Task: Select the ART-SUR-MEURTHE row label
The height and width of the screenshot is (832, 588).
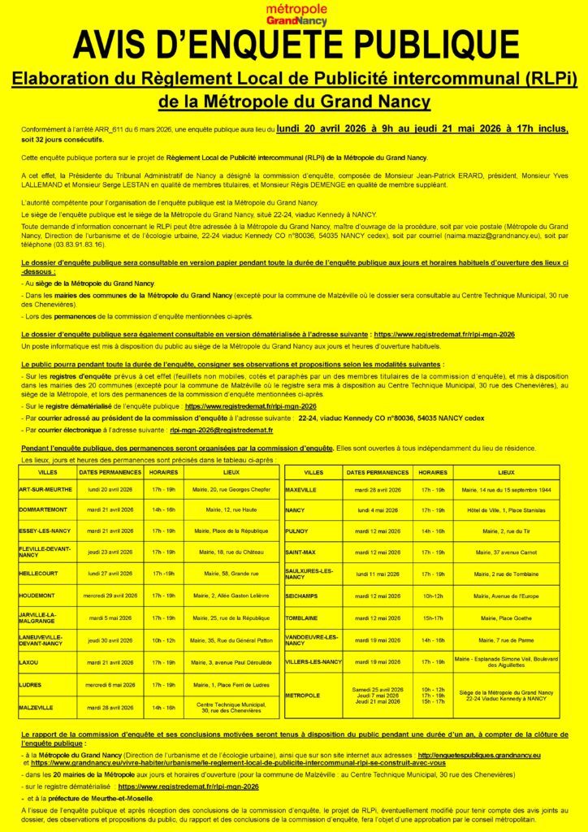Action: point(45,489)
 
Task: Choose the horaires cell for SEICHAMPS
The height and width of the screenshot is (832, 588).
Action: point(433,596)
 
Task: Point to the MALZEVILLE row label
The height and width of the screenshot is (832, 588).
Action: point(36,707)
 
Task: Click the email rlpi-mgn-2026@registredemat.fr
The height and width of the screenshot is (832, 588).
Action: point(221,430)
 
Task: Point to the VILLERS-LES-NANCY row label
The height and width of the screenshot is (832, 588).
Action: point(313,662)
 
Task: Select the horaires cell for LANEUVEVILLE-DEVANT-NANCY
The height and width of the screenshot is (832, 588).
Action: point(164,640)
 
